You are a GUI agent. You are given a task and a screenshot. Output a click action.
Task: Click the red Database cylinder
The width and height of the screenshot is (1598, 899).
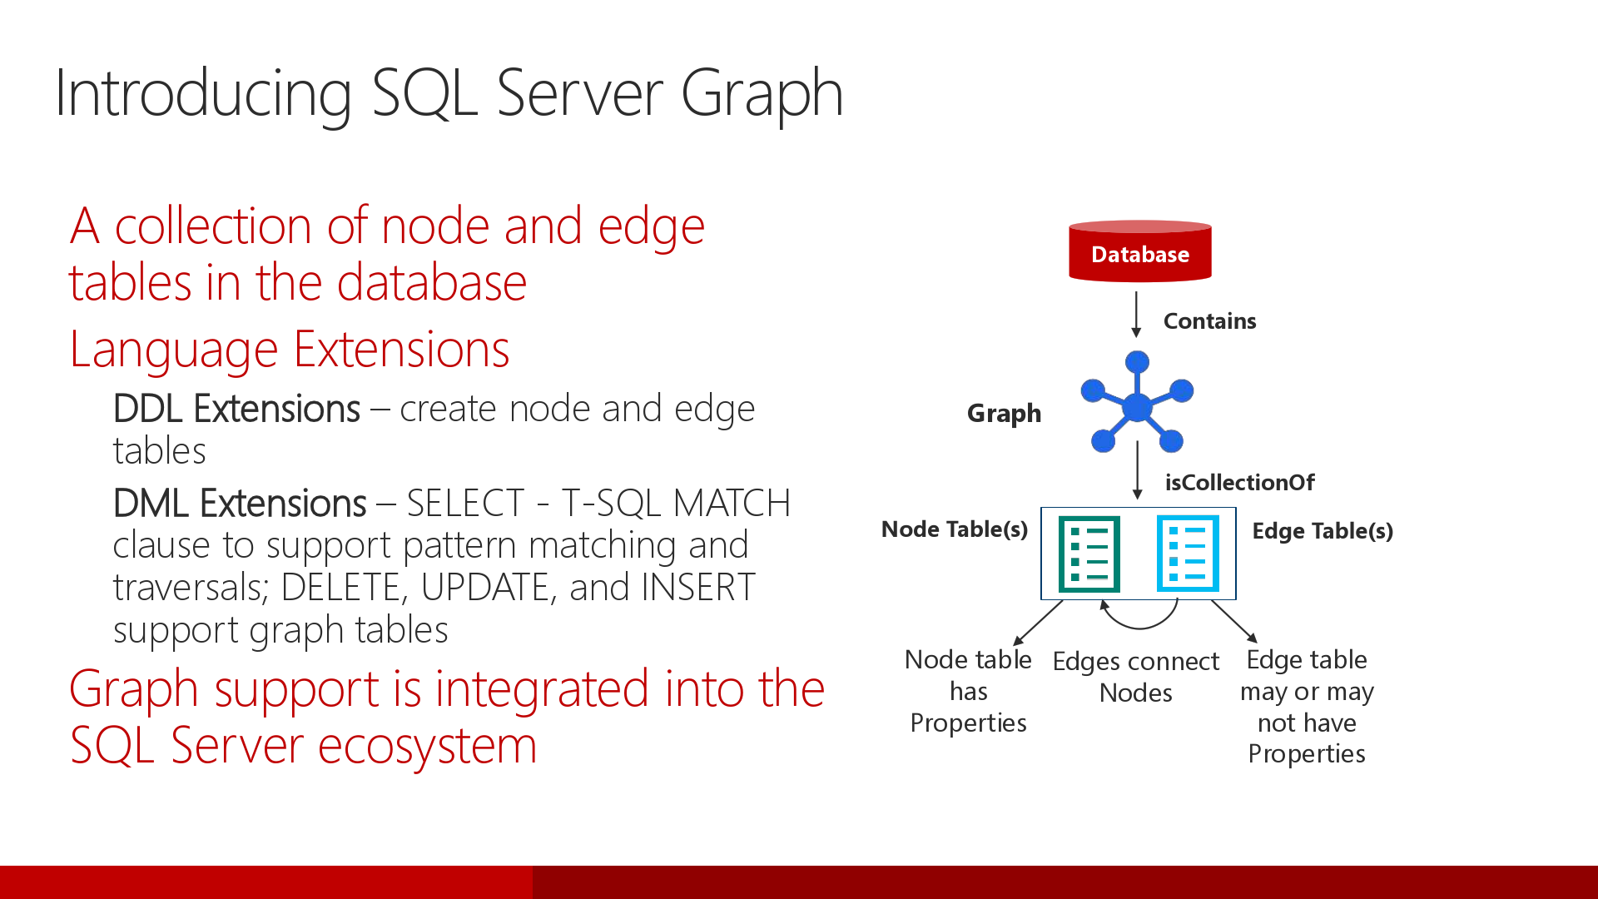[1139, 251]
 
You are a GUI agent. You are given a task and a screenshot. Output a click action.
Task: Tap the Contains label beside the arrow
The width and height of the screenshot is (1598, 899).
[1209, 321]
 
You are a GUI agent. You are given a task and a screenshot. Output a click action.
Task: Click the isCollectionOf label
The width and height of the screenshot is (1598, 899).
[1239, 482]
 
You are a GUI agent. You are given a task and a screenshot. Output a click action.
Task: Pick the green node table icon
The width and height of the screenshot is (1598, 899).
[1089, 554]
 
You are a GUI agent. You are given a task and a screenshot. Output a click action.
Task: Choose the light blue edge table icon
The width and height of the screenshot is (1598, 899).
[1188, 554]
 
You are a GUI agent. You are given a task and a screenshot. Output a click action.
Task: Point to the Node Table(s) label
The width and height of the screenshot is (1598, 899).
[954, 529]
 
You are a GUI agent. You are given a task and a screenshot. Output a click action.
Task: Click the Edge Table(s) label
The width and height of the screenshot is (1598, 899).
[1323, 531]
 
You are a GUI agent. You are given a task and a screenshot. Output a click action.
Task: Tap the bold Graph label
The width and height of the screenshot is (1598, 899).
[1004, 413]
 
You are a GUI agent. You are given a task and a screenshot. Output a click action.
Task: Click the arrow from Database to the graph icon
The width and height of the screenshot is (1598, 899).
[1136, 313]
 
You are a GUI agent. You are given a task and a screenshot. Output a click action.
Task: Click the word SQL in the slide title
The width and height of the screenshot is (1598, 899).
[424, 93]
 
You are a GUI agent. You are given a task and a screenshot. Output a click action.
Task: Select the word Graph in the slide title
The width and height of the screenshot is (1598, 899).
[762, 93]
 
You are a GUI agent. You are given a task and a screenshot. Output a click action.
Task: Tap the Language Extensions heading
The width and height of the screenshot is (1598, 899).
[289, 349]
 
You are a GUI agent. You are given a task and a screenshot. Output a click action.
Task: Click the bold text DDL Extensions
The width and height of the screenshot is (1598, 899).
[236, 409]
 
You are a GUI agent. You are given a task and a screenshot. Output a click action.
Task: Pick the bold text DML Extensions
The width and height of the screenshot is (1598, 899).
[240, 504]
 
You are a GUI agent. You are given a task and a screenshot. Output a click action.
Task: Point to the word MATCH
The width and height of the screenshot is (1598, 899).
[732, 504]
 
